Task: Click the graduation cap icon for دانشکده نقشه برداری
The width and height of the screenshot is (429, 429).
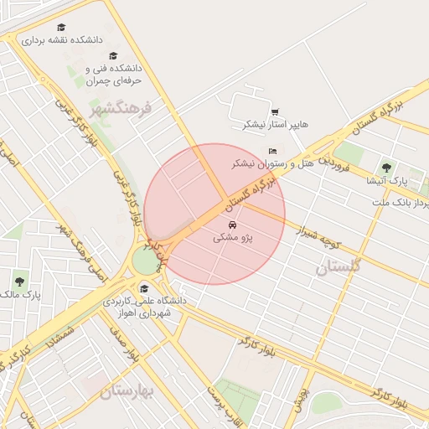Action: [61, 28]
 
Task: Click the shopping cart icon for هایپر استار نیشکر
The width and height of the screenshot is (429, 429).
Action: [275, 112]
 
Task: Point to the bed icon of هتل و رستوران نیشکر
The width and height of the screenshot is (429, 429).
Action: [272, 150]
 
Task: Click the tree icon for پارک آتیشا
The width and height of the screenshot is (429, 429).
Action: [386, 168]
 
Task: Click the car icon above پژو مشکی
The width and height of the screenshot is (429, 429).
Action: [232, 225]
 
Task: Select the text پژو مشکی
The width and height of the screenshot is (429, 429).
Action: [234, 239]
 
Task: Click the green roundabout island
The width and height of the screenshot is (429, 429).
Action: [147, 261]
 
